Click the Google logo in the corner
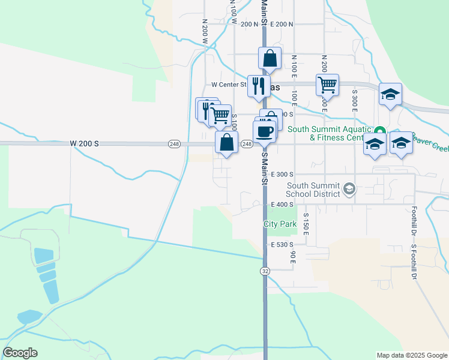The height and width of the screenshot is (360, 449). pyautogui.click(x=20, y=353)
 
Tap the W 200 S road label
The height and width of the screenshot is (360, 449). pyautogui.click(x=83, y=144)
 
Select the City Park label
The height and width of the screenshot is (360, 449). pyautogui.click(x=280, y=224)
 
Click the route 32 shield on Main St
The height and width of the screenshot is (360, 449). pyautogui.click(x=264, y=271)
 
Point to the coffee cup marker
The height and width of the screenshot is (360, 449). pyautogui.click(x=265, y=132)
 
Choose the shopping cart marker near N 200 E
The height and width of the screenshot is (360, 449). pyautogui.click(x=327, y=85)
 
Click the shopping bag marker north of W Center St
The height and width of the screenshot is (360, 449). pyautogui.click(x=270, y=59)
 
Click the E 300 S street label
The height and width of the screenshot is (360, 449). pyautogui.click(x=284, y=174)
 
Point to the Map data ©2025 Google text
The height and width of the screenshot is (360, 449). pyautogui.click(x=412, y=355)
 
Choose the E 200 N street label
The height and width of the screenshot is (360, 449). pyautogui.click(x=282, y=24)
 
